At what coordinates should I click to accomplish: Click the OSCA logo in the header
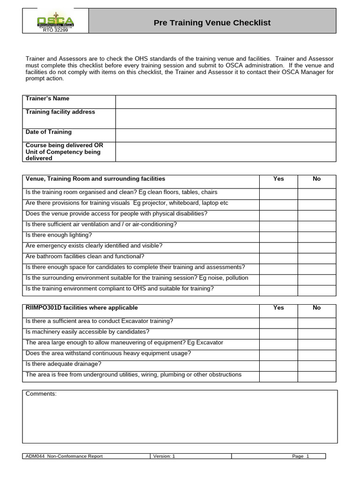click(x=55, y=23)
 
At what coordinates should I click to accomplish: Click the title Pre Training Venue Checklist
click(x=212, y=23)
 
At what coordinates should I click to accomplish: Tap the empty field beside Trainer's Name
click(x=225, y=102)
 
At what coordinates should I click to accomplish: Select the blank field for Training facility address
click(x=225, y=119)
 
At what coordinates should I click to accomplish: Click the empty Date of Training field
click(x=225, y=135)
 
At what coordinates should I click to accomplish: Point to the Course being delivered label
click(x=64, y=152)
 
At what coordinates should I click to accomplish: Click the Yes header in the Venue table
click(x=278, y=179)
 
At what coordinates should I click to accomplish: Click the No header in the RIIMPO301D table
click(x=316, y=308)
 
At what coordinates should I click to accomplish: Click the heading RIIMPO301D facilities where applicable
click(x=82, y=308)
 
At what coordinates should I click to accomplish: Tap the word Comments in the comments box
click(x=41, y=394)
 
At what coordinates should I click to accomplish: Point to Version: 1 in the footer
click(x=164, y=457)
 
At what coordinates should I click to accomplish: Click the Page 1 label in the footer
click(x=300, y=457)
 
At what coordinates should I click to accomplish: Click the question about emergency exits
click(x=94, y=246)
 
